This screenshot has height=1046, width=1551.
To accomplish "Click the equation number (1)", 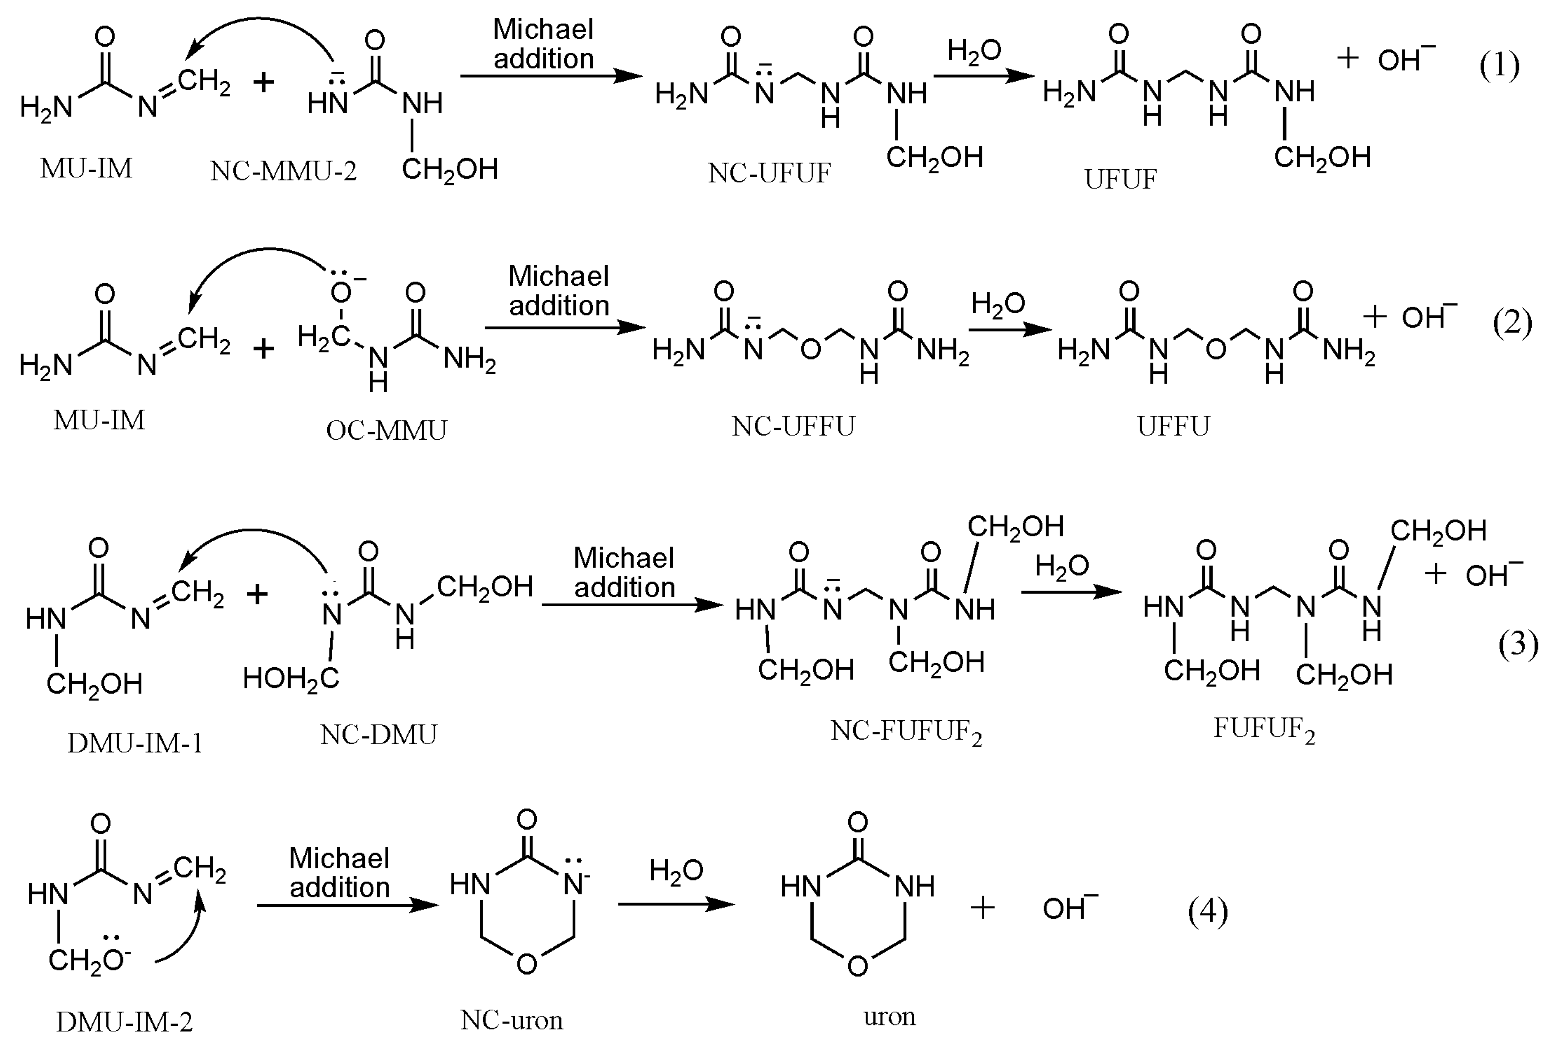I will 1499,66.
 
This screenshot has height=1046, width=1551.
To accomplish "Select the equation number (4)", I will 1207,911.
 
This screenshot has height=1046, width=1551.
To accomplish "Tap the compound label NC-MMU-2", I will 284,171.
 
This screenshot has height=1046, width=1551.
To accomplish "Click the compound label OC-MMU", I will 386,430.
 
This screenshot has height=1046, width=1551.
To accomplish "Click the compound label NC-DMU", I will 378,735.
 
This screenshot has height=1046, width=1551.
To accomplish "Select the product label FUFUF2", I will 1263,729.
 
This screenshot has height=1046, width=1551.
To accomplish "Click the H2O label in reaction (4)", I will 676,871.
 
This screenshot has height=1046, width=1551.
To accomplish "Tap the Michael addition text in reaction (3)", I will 624,573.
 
